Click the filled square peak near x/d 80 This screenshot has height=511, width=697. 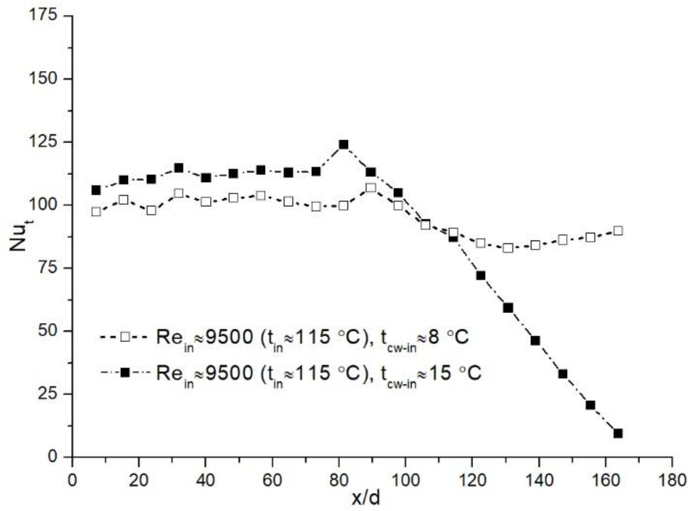(x=343, y=145)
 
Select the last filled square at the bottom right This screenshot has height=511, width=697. (x=618, y=433)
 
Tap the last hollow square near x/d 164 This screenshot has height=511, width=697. (x=618, y=231)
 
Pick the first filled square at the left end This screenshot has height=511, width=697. (x=96, y=190)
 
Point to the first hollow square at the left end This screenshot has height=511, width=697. (x=96, y=212)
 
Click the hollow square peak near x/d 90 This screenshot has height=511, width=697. (x=371, y=187)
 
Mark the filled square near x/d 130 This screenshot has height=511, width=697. (x=508, y=308)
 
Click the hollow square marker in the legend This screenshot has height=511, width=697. (x=125, y=336)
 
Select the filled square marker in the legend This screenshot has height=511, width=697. (x=125, y=372)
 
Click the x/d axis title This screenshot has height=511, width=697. (x=366, y=498)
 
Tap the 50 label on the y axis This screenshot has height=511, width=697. (x=47, y=331)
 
